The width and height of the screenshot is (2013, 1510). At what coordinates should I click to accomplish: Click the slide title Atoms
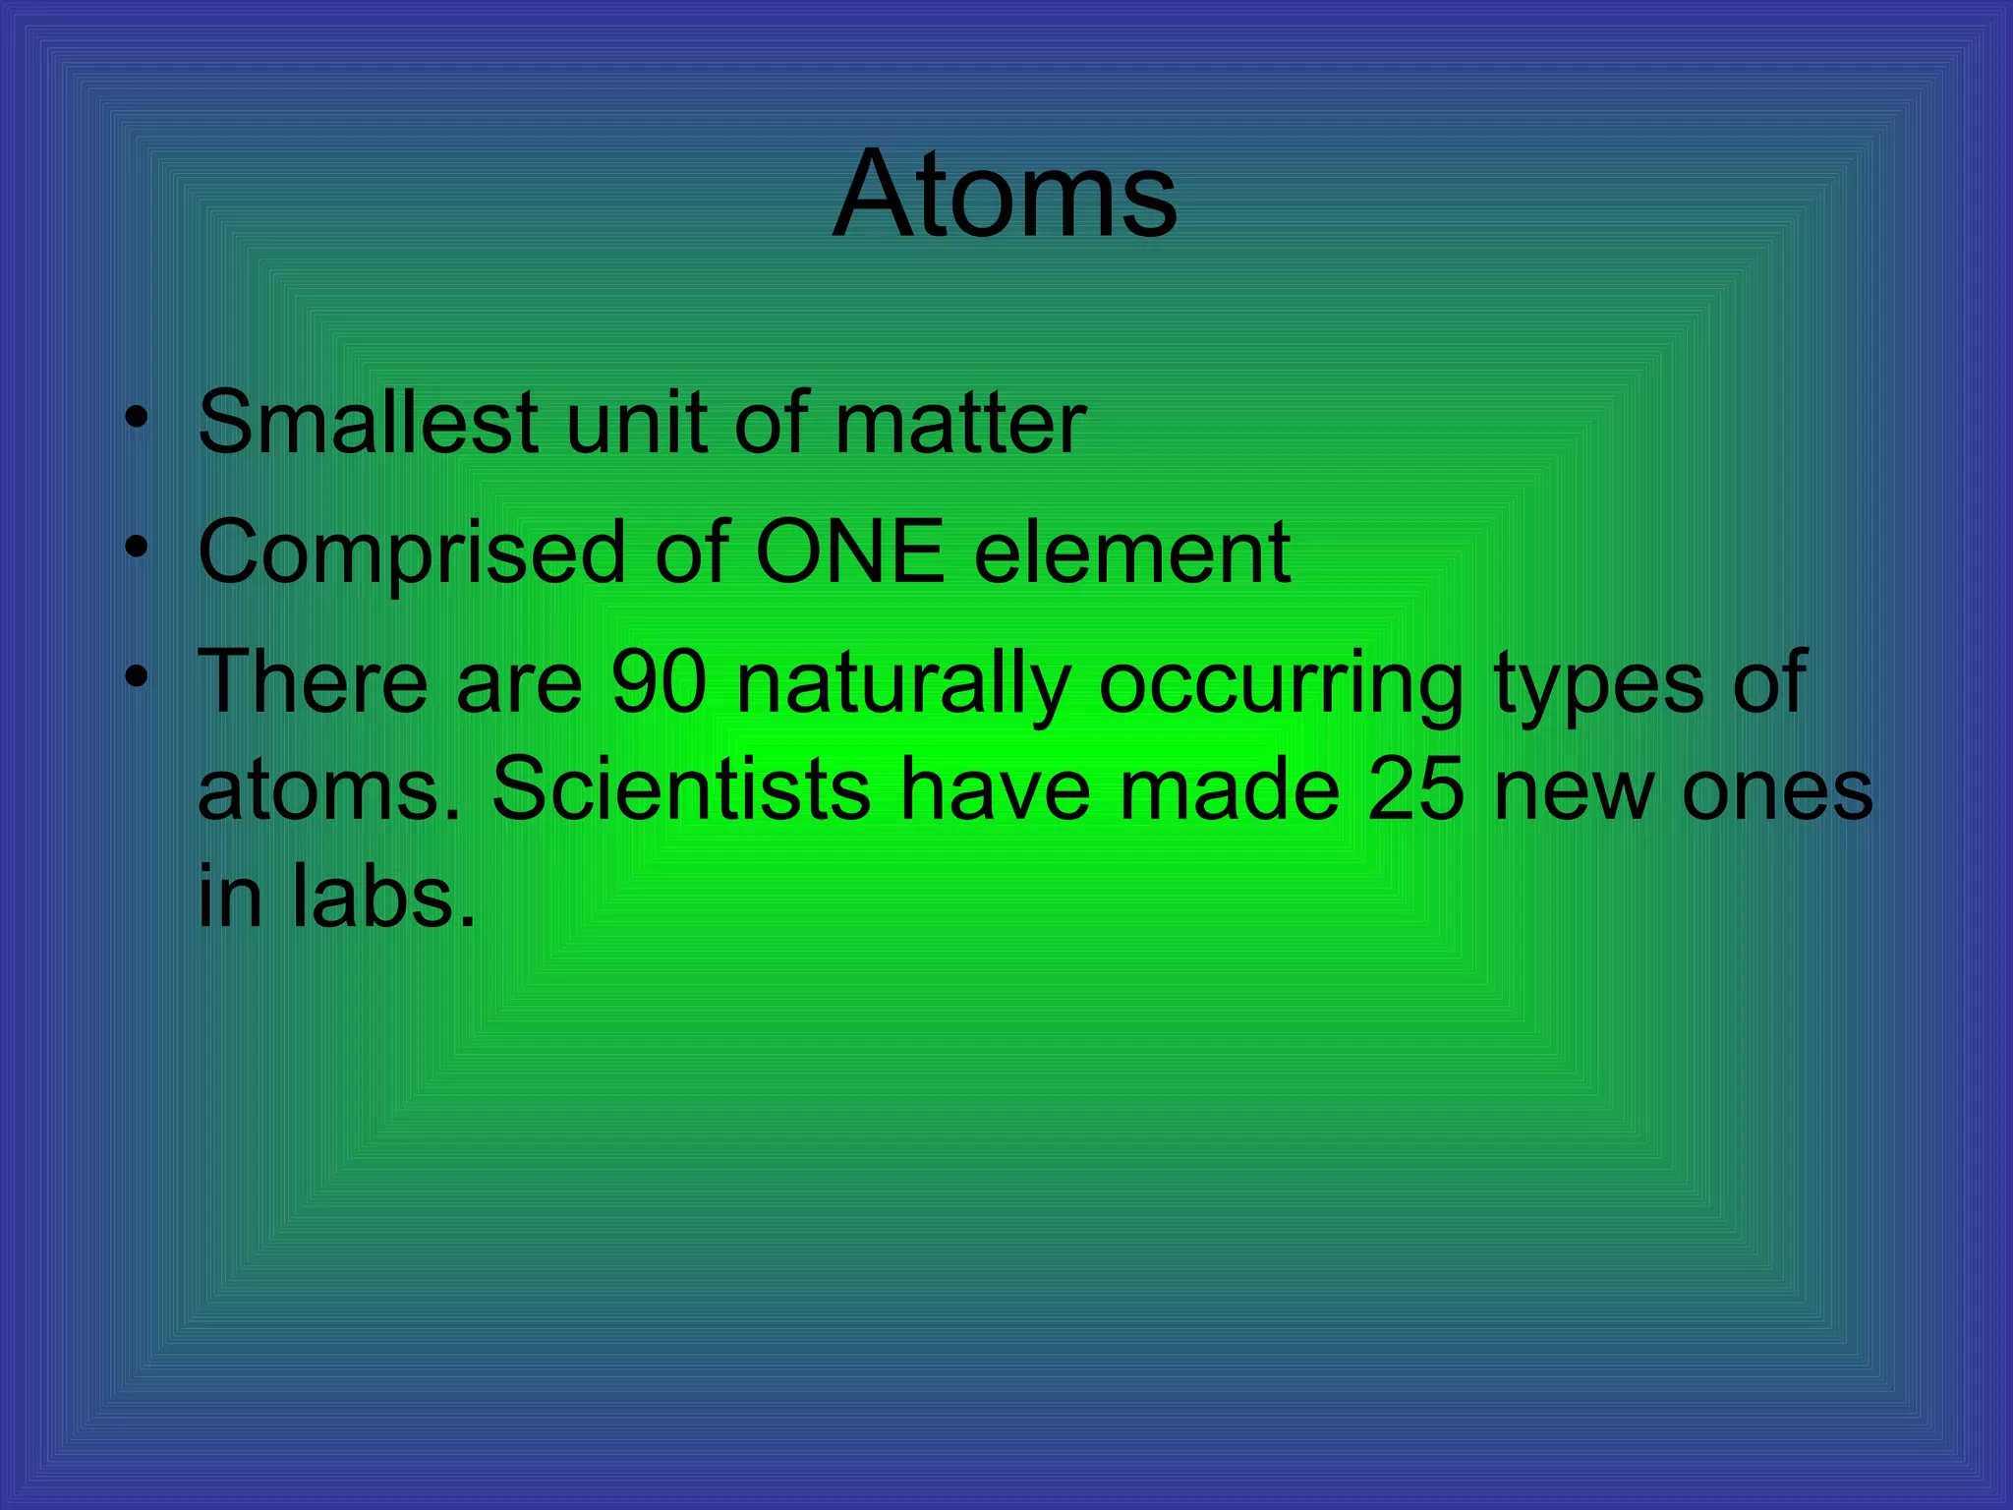[1005, 194]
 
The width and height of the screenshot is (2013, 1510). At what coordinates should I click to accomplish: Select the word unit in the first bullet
[636, 423]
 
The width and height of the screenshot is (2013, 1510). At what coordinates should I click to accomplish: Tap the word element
[1132, 552]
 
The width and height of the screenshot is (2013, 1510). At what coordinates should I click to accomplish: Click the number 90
[659, 682]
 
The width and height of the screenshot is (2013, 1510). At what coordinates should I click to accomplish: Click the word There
[313, 682]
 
